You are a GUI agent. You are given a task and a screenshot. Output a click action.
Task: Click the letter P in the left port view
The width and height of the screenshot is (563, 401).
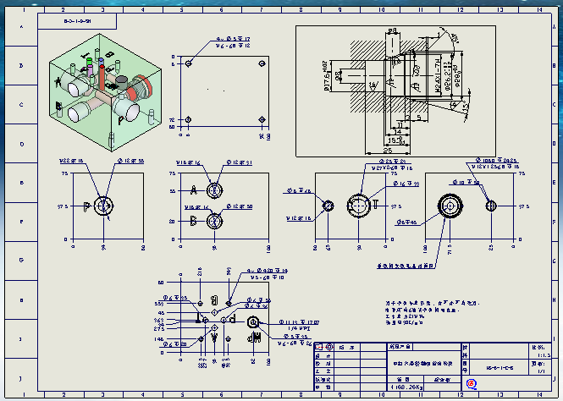pyautogui.click(x=87, y=206)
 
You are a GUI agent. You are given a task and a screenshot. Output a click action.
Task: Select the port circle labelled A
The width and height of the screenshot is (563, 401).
pyautogui.click(x=214, y=189)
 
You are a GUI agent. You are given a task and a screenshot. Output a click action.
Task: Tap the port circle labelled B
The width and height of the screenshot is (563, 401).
pyautogui.click(x=214, y=221)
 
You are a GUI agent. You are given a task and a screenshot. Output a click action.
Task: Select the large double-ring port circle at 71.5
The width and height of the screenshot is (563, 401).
pyautogui.click(x=449, y=206)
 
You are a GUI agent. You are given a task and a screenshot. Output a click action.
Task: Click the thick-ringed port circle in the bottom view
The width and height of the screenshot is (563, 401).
pyautogui.click(x=252, y=322)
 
